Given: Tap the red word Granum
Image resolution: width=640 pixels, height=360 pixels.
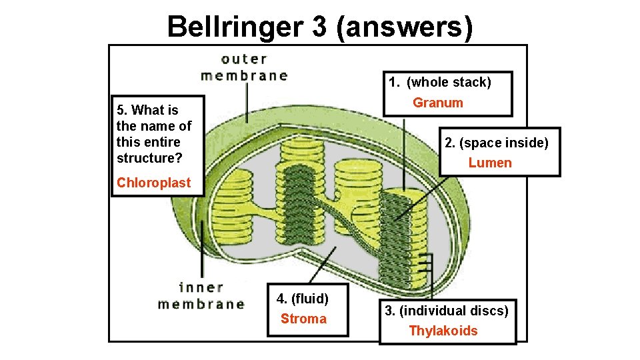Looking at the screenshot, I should pos(437,103).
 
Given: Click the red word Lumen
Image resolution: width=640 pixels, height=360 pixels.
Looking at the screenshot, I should pos(490,163).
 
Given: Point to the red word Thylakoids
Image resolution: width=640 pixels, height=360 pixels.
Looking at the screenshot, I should pos(443,331).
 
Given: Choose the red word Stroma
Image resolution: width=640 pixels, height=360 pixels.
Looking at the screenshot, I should pos(303,319).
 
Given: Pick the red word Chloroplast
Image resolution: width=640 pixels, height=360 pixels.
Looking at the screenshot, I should pos(153,183).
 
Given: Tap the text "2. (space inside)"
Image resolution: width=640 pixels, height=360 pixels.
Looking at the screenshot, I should pos(497,143).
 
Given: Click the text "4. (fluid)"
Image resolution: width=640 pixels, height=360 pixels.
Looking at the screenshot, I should pos(303,297).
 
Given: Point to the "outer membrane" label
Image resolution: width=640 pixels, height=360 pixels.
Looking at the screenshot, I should pos(244,67).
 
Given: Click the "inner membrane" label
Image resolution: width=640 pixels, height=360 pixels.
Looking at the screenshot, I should pos(201,296).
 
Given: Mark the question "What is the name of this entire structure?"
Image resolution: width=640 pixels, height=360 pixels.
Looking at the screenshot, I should pos(153,134).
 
